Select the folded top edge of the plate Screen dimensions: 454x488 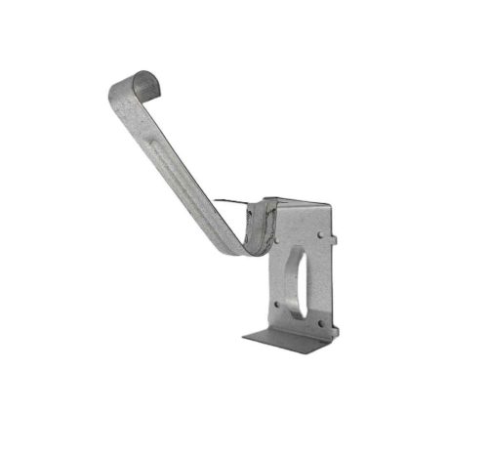click(298, 203)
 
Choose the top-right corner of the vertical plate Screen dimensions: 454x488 click(331, 205)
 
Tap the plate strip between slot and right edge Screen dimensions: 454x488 click(322, 273)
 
